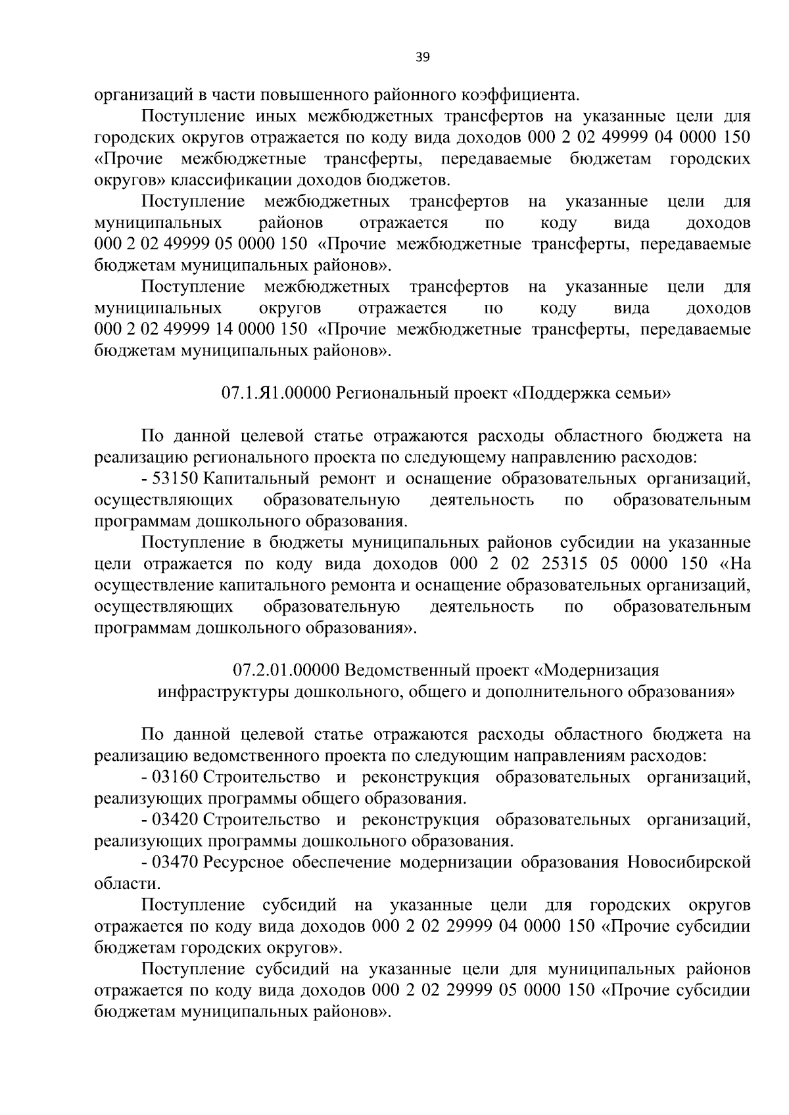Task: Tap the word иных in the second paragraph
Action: [270, 116]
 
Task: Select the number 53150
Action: [175, 478]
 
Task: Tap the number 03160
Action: [175, 777]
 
